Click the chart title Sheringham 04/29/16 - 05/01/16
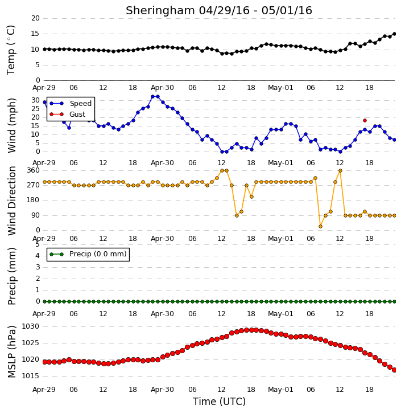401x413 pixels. (x=219, y=11)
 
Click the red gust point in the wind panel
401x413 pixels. (x=365, y=121)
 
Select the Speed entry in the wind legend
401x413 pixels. (x=71, y=104)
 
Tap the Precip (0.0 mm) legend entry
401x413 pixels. (x=88, y=254)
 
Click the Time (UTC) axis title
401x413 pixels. (x=219, y=402)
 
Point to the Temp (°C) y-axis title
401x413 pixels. (x=11, y=50)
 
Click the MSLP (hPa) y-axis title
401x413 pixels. (x=11, y=351)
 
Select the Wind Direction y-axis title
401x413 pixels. (x=11, y=201)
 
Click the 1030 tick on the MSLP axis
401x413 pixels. (x=30, y=326)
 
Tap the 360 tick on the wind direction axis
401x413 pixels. (x=34, y=170)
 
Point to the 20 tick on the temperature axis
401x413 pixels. (x=35, y=18)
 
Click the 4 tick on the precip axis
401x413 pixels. (x=38, y=256)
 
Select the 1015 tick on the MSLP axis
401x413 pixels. (x=30, y=376)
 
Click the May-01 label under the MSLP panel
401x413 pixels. (x=280, y=390)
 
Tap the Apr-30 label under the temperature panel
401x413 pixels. (x=162, y=88)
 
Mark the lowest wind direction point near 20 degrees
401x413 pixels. (x=320, y=226)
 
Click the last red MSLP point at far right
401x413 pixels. (x=394, y=370)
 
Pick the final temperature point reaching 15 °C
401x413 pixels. (x=394, y=34)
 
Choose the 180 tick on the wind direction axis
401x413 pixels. (x=34, y=200)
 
